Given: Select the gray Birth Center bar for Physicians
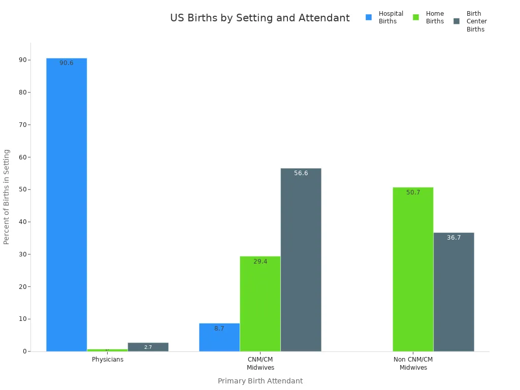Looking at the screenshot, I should (148, 347).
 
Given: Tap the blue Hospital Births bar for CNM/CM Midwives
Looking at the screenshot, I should (219, 337).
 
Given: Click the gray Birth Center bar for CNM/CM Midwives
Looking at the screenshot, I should (301, 259).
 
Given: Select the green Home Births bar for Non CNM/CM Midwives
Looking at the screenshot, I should (413, 269).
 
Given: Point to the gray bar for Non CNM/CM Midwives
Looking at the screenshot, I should (453, 292).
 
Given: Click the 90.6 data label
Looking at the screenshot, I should (67, 63).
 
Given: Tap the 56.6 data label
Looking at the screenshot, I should (301, 173).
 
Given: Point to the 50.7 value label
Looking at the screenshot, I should (413, 192).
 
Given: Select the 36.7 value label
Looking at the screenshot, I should (453, 238).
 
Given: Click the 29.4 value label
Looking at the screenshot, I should (260, 262).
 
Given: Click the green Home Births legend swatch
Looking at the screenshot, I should (416, 17).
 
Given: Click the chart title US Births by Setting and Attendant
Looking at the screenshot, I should (259, 18).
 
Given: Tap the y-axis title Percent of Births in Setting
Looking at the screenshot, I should (7, 197).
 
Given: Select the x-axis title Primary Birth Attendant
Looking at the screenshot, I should (260, 381).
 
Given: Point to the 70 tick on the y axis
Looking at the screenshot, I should (23, 125).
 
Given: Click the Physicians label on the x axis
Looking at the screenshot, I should (107, 360).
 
